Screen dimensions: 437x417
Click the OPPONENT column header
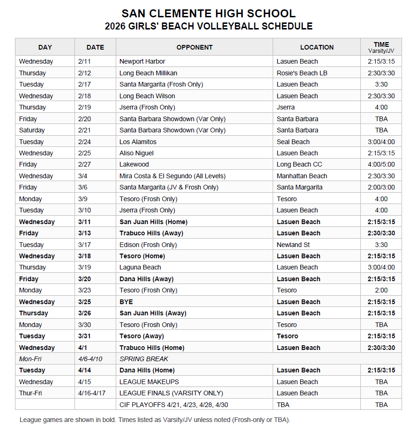point(194,47)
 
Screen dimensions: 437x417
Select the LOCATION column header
point(317,47)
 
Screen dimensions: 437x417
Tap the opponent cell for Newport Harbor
point(142,61)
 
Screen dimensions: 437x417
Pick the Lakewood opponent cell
point(134,164)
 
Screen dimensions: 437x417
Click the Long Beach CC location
point(299,164)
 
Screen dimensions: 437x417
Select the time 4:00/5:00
point(381,164)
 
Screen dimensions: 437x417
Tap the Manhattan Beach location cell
point(302,176)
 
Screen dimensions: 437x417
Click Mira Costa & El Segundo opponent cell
point(172,176)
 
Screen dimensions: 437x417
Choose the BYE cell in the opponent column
point(126,302)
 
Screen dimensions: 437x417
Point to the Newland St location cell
point(293,245)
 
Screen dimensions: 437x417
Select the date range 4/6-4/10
point(90,359)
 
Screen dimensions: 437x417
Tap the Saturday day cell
point(32,130)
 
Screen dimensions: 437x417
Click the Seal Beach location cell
point(293,142)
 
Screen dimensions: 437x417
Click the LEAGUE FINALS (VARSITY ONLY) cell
point(171,393)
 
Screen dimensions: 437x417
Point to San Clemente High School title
point(208,14)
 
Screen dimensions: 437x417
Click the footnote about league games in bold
point(155,420)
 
